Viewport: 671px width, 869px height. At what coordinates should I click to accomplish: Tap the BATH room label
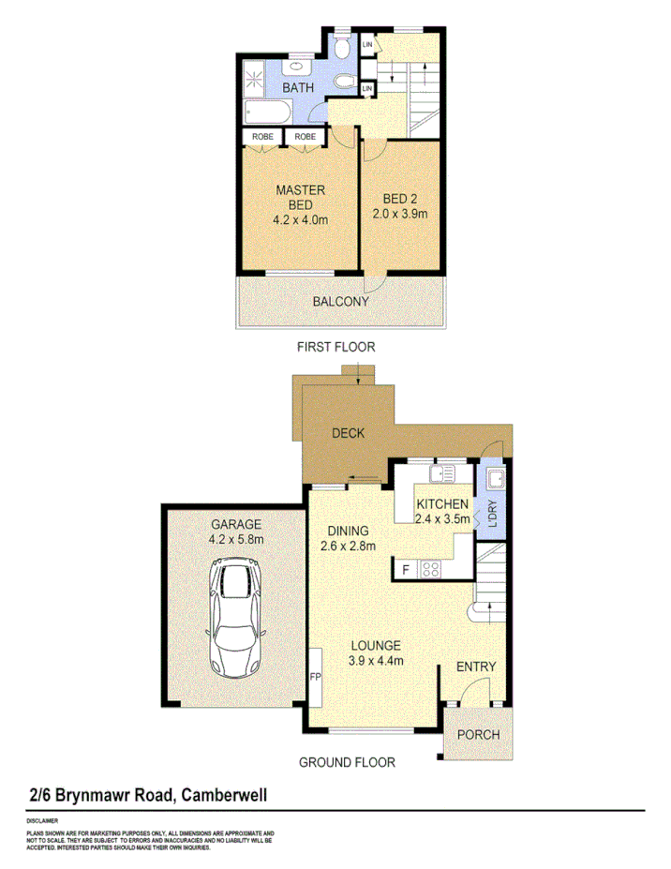tap(299, 87)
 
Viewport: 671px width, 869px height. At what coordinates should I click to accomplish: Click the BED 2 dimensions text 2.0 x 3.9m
tap(405, 214)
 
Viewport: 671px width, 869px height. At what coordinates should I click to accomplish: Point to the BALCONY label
tap(340, 302)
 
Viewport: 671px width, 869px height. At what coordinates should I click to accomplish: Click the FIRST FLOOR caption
tap(335, 347)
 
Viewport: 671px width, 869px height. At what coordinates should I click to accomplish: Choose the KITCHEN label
tap(442, 504)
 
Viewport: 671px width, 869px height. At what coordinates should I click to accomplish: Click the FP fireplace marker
tap(315, 675)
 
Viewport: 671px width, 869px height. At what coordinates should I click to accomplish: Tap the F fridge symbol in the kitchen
tap(406, 569)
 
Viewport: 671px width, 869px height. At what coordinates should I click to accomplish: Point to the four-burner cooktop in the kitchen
tap(432, 568)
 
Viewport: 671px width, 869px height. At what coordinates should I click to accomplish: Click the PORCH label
tap(478, 734)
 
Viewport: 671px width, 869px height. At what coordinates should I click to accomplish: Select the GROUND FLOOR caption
tap(347, 762)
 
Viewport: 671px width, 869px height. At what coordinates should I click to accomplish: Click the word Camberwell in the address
tap(223, 795)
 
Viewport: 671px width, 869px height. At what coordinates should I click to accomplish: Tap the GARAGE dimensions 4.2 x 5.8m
tap(236, 540)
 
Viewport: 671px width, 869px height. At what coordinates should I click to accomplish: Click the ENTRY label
tap(475, 667)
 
